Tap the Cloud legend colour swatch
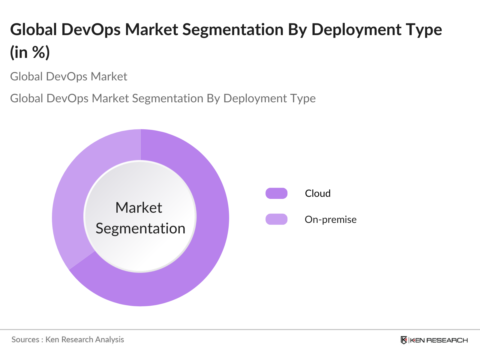point(276,193)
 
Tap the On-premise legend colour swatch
point(276,219)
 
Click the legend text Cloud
point(318,193)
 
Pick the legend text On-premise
point(331,220)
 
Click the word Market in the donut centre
point(139,208)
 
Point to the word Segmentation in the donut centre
point(140,229)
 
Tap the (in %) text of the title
point(30,52)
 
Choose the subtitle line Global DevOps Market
point(69,77)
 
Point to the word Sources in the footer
point(25,340)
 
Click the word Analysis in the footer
point(109,340)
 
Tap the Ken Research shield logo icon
point(404,340)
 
